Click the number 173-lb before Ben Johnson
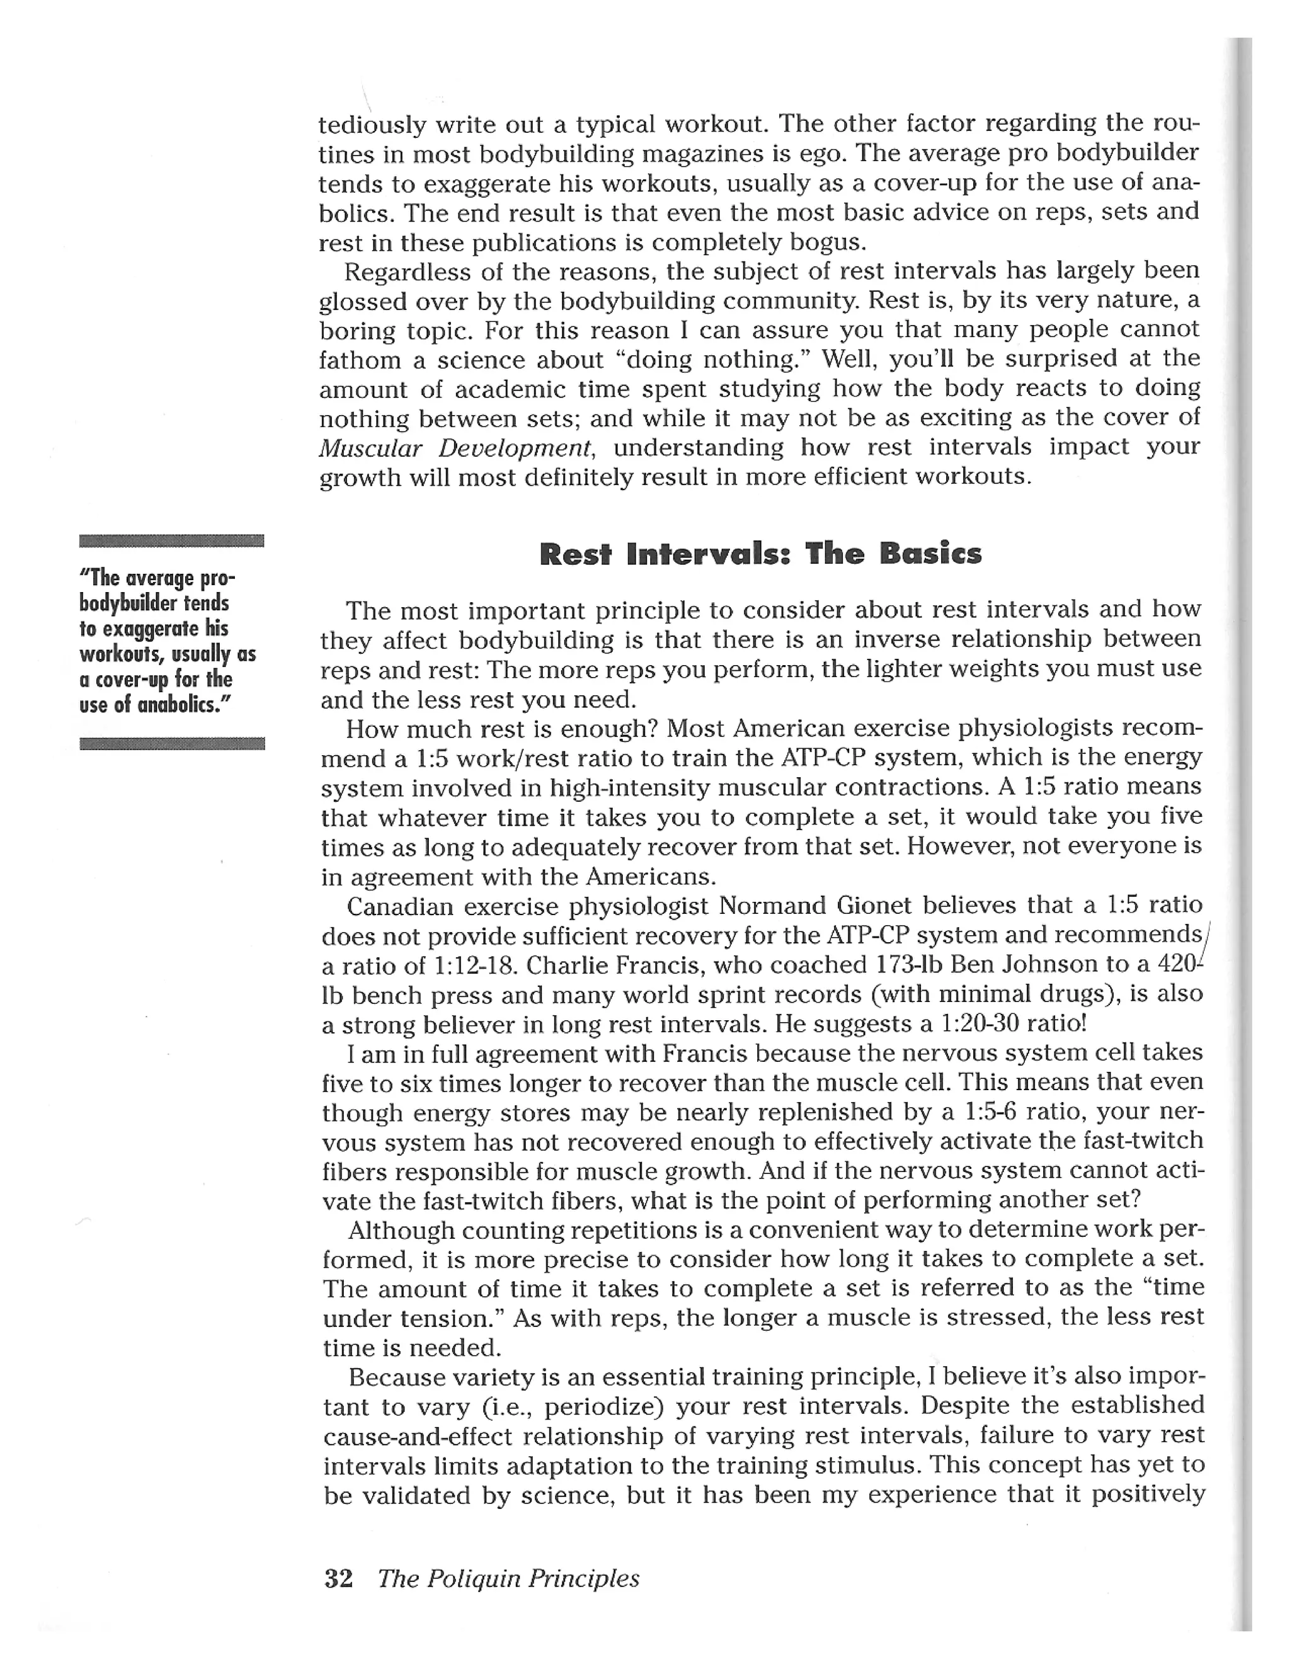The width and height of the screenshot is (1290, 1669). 906,965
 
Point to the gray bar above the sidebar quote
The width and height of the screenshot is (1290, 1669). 171,541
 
